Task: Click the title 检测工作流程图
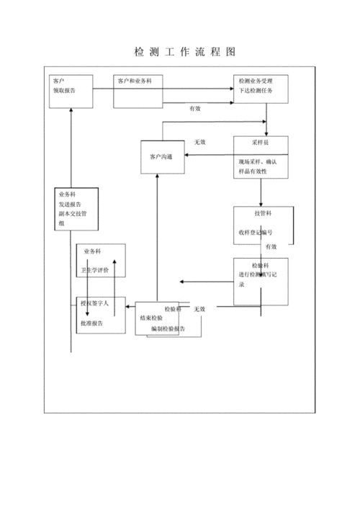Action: click(x=185, y=53)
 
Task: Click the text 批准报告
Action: click(x=91, y=324)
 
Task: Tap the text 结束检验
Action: click(x=151, y=318)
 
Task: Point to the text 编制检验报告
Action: click(x=168, y=328)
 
